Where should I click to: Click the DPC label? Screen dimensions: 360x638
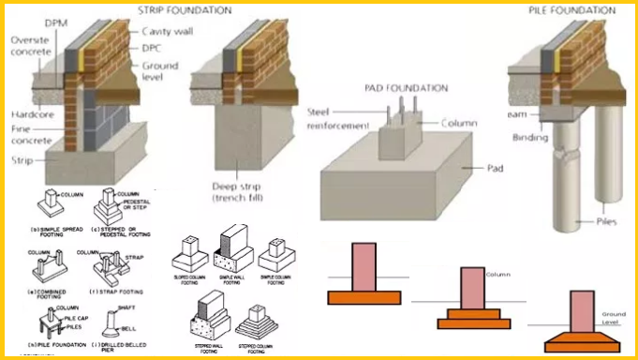pos(154,48)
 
